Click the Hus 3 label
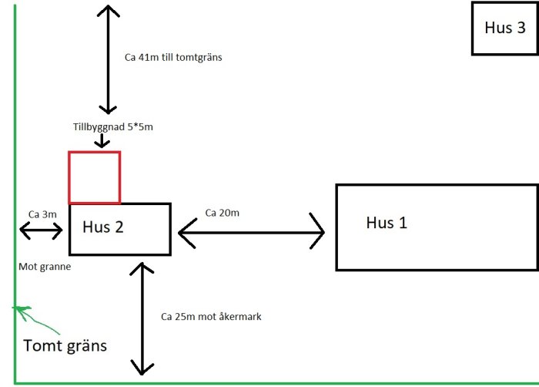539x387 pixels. click(505, 28)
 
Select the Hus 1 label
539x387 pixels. click(387, 224)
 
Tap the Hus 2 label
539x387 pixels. click(102, 227)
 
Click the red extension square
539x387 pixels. click(94, 177)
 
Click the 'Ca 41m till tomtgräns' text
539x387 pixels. click(172, 57)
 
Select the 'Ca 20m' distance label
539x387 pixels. click(222, 212)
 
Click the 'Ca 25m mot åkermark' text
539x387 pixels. click(211, 316)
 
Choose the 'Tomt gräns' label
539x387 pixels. click(65, 345)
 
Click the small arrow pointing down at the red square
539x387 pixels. click(102, 141)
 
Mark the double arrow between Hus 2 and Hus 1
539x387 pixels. click(251, 231)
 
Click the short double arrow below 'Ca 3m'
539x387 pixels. click(41, 230)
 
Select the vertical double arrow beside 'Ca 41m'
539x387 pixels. click(108, 59)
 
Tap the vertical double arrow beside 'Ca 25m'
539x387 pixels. click(143, 317)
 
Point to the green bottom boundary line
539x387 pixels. click(277, 382)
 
